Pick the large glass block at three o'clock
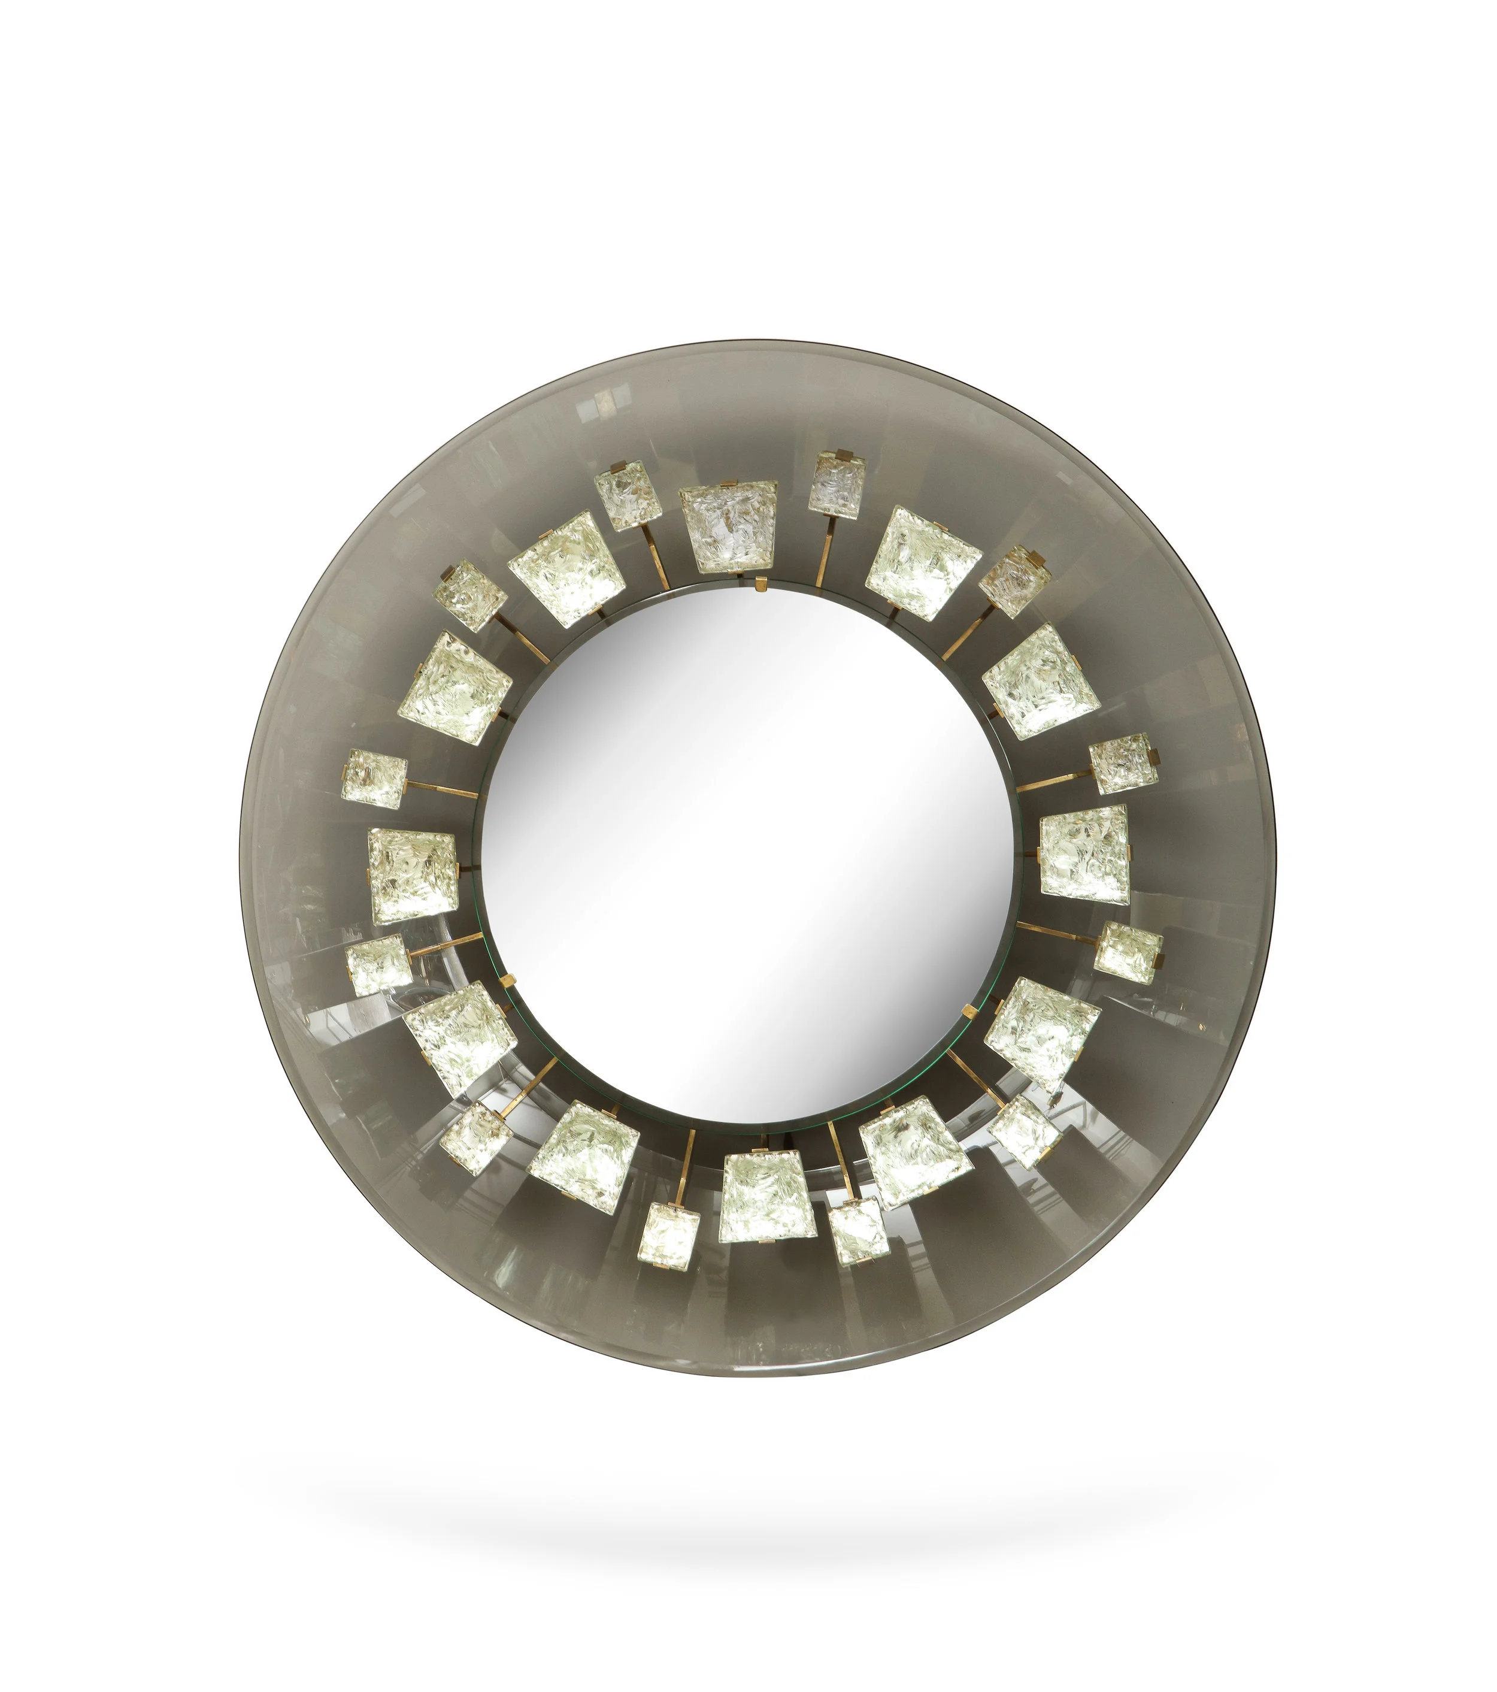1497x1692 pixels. click(x=1084, y=853)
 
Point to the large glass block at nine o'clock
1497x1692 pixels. click(x=412, y=876)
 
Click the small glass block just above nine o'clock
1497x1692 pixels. click(x=374, y=779)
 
